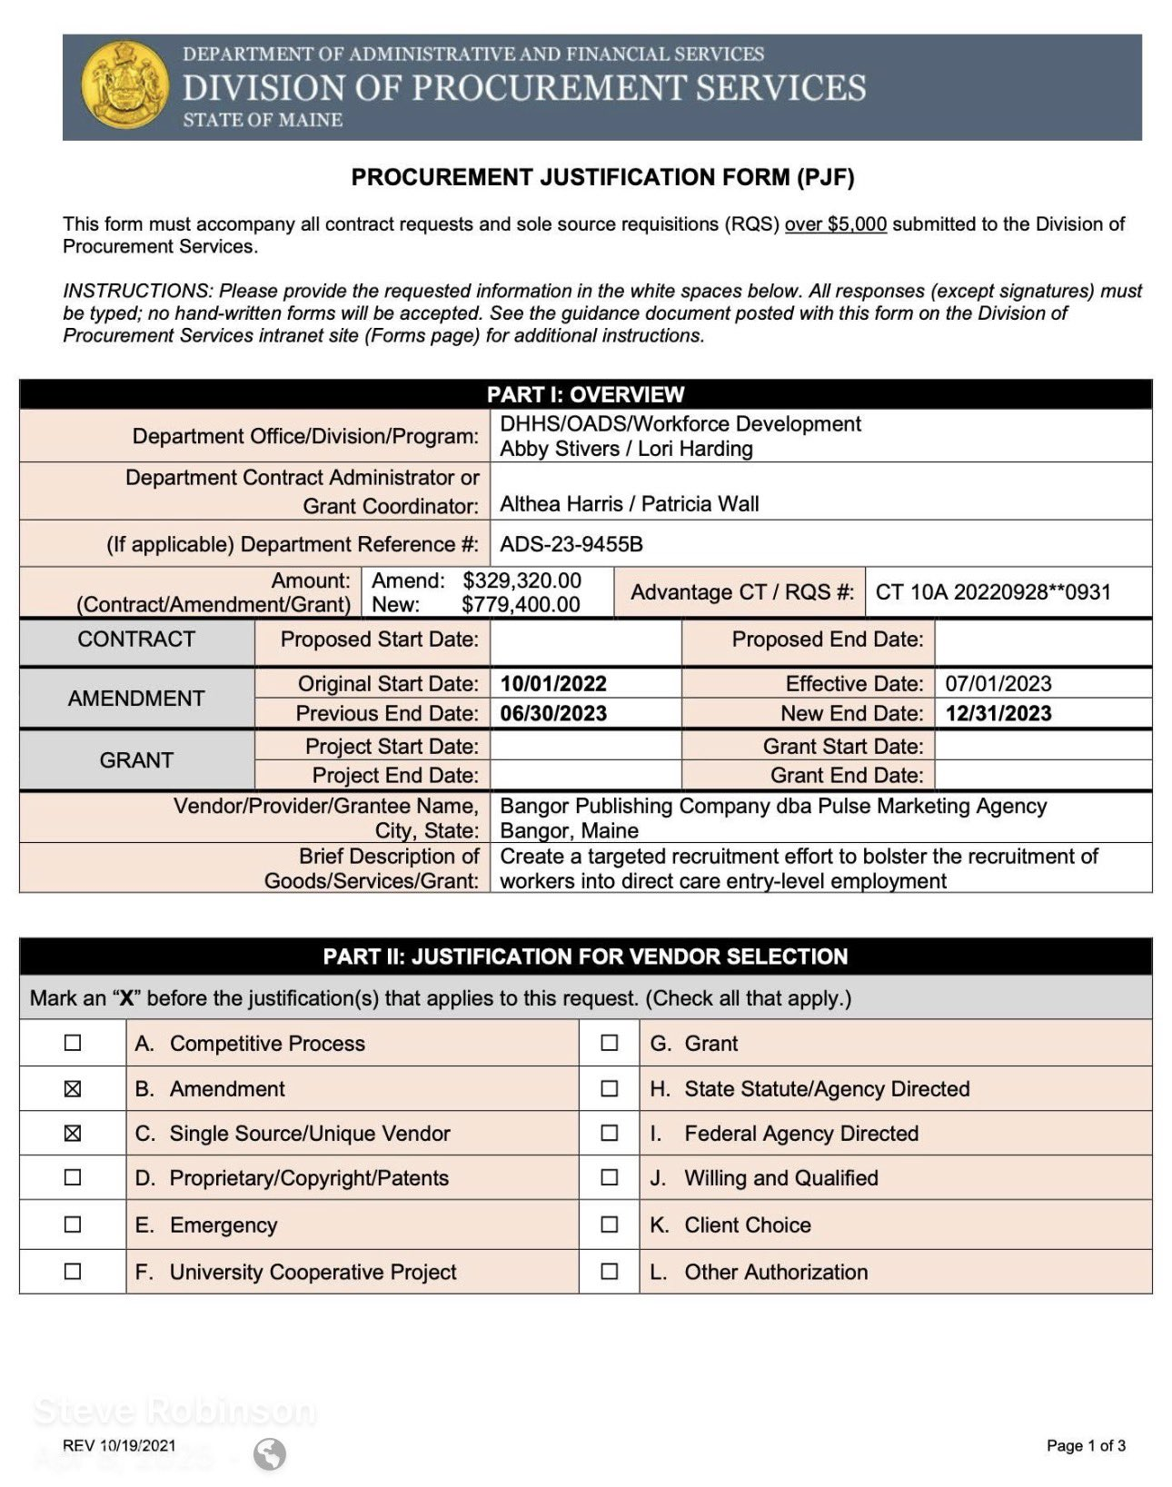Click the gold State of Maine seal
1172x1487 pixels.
[124, 87]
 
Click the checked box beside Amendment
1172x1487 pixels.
[73, 1088]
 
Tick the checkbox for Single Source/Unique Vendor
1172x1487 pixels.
[73, 1133]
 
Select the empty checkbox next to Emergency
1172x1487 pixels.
[73, 1224]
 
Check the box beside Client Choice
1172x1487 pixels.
[610, 1224]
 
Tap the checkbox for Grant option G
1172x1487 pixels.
[610, 1043]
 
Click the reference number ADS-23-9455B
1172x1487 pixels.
[571, 544]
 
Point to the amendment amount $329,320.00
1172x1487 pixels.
[521, 580]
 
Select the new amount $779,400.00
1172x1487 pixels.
[521, 604]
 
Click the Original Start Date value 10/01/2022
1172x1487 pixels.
[553, 684]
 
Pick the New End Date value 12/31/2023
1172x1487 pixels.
[998, 713]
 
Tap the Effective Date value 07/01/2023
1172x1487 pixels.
[998, 684]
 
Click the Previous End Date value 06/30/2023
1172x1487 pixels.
[553, 713]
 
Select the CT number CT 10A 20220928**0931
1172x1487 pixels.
[993, 592]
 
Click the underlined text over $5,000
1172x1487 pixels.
[835, 224]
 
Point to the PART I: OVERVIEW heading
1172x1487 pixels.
[585, 394]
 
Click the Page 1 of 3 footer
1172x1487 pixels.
[1086, 1445]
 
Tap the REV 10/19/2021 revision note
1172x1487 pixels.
[119, 1445]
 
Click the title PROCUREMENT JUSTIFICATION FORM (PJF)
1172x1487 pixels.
[602, 177]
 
